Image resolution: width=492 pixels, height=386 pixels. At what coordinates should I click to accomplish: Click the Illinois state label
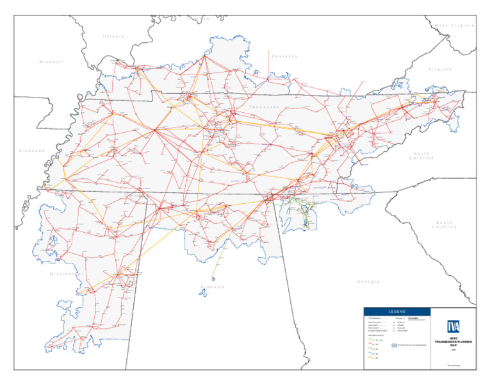tap(113, 37)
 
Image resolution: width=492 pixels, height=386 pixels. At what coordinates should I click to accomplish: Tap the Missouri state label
tap(51, 62)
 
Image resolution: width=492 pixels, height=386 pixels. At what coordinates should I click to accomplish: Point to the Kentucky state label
tap(284, 56)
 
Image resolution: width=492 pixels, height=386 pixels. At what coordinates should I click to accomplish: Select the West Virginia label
tap(454, 25)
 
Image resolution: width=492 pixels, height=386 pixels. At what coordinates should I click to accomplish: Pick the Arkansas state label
tap(31, 151)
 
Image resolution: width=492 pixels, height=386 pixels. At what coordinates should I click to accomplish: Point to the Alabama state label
tap(212, 287)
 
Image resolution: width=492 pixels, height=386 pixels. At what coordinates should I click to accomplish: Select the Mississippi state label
tap(67, 274)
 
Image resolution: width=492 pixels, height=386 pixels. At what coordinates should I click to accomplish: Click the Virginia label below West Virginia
tap(440, 69)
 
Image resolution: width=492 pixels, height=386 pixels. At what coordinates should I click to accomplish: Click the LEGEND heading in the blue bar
tap(398, 311)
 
